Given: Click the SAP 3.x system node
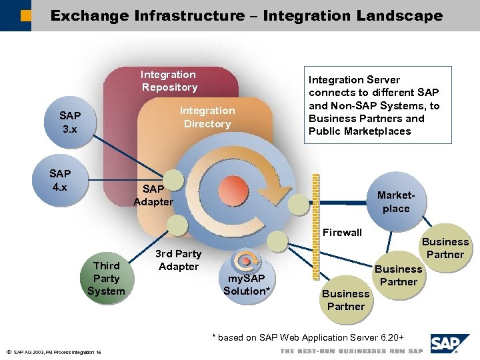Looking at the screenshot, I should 69,122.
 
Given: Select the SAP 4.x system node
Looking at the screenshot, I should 60,180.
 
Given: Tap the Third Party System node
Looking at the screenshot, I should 105,278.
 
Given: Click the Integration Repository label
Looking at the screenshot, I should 169,81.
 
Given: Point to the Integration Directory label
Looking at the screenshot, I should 207,117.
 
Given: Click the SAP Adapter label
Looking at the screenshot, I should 153,195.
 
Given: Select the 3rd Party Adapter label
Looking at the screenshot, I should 178,260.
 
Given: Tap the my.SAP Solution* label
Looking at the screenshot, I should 247,285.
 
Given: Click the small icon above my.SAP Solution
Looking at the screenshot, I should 247,261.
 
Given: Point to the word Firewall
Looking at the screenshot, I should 342,232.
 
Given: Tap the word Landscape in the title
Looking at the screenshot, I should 390,15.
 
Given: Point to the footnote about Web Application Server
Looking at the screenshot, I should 307,337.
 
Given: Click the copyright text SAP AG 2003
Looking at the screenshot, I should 53,352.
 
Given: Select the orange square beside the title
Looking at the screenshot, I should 25,15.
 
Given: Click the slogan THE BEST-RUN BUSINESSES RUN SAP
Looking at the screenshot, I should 351,351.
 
